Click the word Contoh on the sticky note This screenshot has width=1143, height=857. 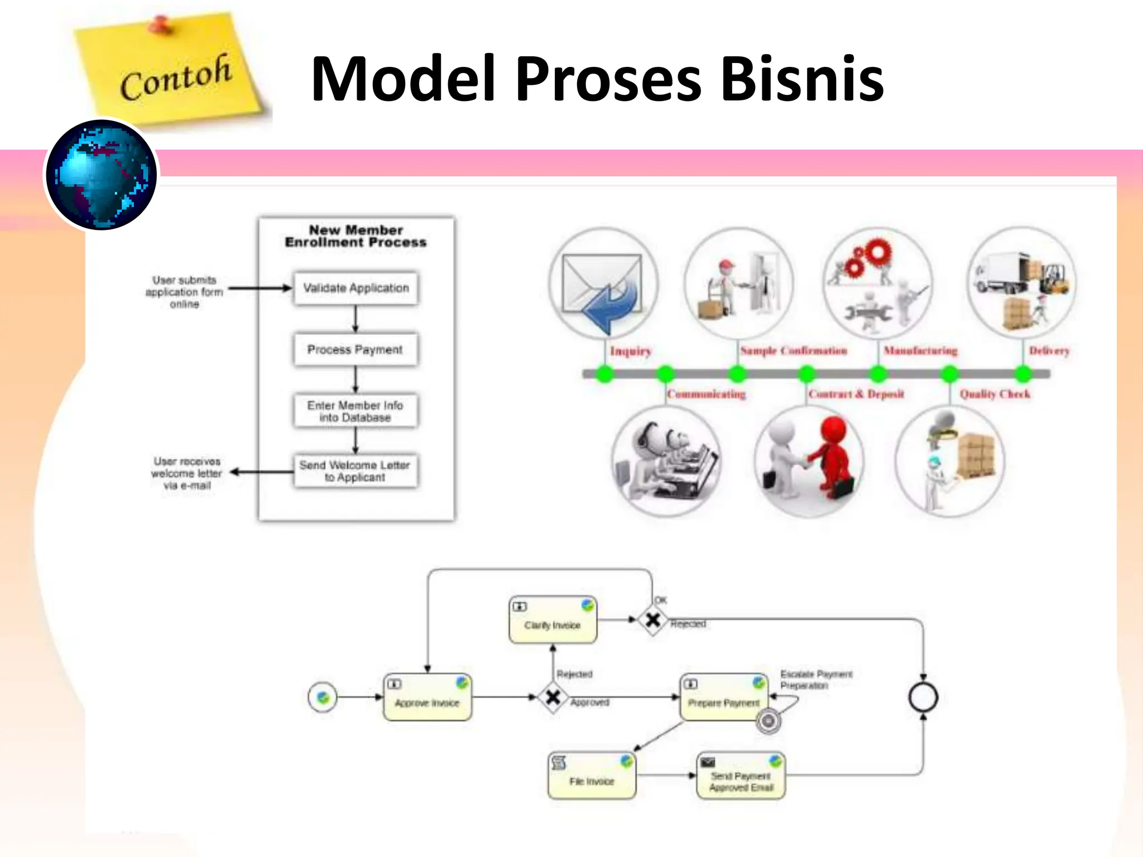(175, 77)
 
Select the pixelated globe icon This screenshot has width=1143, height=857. (102, 175)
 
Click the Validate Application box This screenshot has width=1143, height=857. (356, 288)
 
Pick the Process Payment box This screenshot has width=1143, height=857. (355, 350)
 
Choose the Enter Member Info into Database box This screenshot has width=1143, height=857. (355, 411)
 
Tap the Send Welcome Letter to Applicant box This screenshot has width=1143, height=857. (355, 471)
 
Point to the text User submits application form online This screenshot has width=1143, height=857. (184, 292)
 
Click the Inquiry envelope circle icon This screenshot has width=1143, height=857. (603, 284)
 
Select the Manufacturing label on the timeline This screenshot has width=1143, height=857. (920, 351)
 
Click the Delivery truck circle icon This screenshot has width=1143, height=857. (1021, 283)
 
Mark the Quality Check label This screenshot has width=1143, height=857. (995, 394)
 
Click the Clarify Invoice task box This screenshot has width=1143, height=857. (553, 620)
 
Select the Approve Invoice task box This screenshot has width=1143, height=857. (427, 697)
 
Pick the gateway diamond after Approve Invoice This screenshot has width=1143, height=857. (553, 697)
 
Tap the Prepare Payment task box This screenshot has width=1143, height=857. (723, 697)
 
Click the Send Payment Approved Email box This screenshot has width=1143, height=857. (741, 776)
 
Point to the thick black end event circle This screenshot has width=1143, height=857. (923, 697)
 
